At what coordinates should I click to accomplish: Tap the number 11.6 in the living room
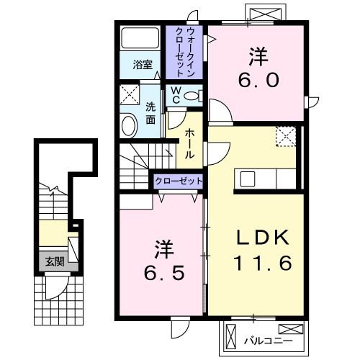pos(262,264)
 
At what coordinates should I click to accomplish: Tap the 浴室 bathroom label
pos(141,65)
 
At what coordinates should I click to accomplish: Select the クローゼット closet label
pos(177,181)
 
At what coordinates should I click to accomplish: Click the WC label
pos(175,96)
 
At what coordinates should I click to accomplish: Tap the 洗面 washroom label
pos(150,112)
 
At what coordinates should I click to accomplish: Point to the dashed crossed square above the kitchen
pos(286,136)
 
